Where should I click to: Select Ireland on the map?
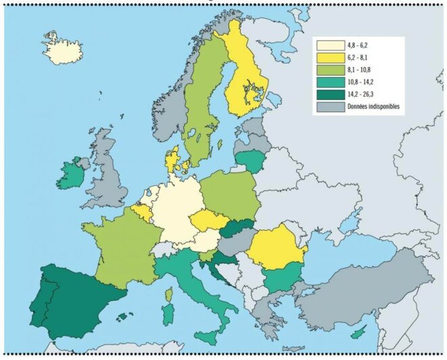[x=70, y=175]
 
